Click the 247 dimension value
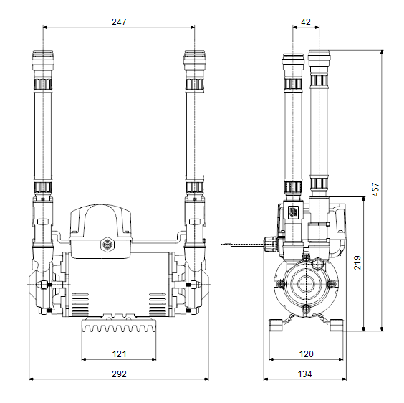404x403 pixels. (x=119, y=22)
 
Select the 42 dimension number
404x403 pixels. (x=306, y=22)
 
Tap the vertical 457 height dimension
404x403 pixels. (x=376, y=189)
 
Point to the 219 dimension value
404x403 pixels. (x=357, y=262)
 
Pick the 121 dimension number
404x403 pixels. (x=120, y=354)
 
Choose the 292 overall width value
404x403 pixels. (x=119, y=374)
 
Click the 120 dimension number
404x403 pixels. (x=306, y=354)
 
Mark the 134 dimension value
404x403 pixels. (x=305, y=374)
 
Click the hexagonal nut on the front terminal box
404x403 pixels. (x=107, y=245)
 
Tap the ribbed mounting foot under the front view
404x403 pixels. (x=119, y=326)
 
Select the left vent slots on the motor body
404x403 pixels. (x=80, y=305)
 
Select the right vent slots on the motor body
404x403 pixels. (x=158, y=305)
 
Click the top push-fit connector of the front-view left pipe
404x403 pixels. (x=43, y=61)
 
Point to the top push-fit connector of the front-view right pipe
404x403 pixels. (x=195, y=61)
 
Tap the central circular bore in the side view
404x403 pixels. (x=306, y=284)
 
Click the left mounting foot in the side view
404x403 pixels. (x=276, y=325)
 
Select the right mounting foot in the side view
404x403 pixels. (x=337, y=325)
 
